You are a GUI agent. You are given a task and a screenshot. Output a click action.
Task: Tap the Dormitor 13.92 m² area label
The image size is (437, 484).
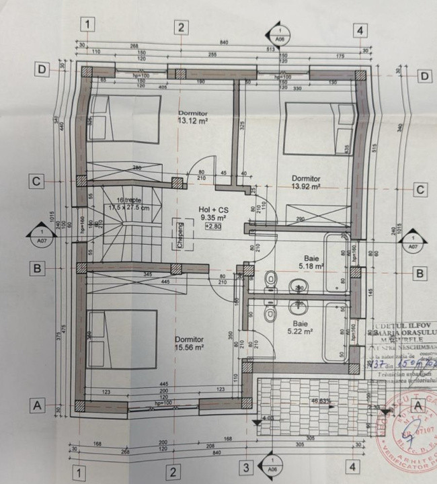tap(306, 184)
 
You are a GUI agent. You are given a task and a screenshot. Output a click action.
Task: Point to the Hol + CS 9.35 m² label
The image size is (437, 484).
tap(212, 214)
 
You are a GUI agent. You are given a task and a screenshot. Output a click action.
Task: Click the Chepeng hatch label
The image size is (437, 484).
tap(180, 235)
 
